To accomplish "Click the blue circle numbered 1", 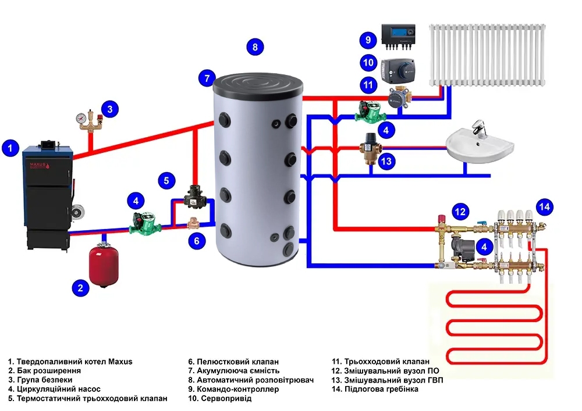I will point(10,149).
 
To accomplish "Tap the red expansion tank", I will point(104,265).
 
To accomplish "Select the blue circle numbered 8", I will point(255,47).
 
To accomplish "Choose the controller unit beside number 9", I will point(398,35).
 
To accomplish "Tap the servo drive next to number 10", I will point(398,69).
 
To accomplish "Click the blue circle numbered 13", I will point(386,161).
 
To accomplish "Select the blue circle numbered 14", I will point(544,206).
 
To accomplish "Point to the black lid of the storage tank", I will point(259,86).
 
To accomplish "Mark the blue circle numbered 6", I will point(197,240).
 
